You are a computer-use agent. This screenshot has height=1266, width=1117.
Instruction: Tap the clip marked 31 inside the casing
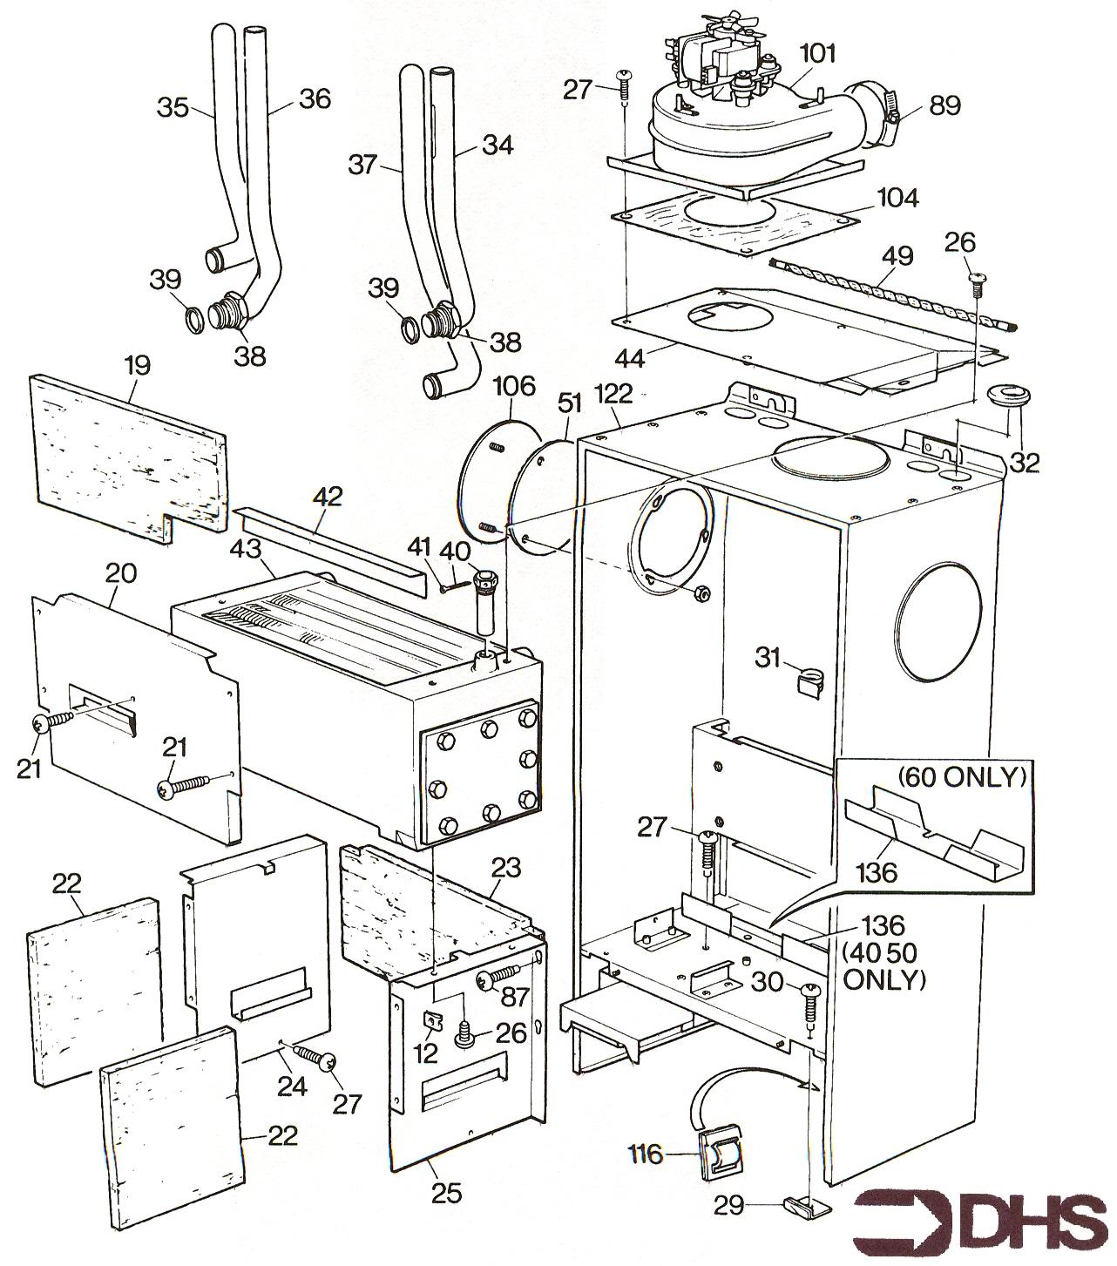point(812,678)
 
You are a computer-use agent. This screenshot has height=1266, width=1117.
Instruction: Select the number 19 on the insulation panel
point(137,364)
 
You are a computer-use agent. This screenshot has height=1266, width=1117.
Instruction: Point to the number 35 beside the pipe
point(173,108)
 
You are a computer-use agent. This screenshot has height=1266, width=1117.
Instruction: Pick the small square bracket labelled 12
point(430,1021)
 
